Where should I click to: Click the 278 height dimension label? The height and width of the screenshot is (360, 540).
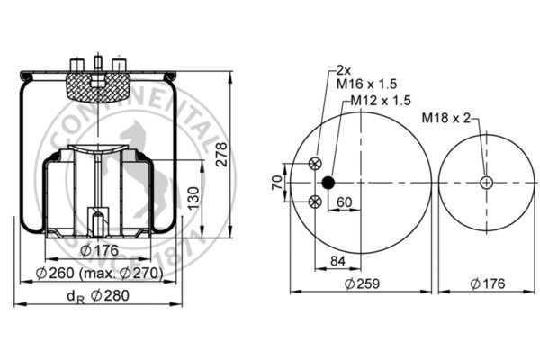221,154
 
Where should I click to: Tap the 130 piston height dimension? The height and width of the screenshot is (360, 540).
194,198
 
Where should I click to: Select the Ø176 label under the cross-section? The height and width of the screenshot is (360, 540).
100,250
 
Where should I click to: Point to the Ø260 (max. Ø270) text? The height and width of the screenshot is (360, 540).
99,274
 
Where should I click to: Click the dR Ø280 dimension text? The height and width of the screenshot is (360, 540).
98,296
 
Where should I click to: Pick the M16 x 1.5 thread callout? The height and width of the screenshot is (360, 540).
366,84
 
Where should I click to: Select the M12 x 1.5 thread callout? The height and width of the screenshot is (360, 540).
381,100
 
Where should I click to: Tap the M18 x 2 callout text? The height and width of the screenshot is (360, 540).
446,118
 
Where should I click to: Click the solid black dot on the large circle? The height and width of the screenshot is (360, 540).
328,183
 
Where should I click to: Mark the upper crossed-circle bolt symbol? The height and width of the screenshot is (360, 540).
315,163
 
